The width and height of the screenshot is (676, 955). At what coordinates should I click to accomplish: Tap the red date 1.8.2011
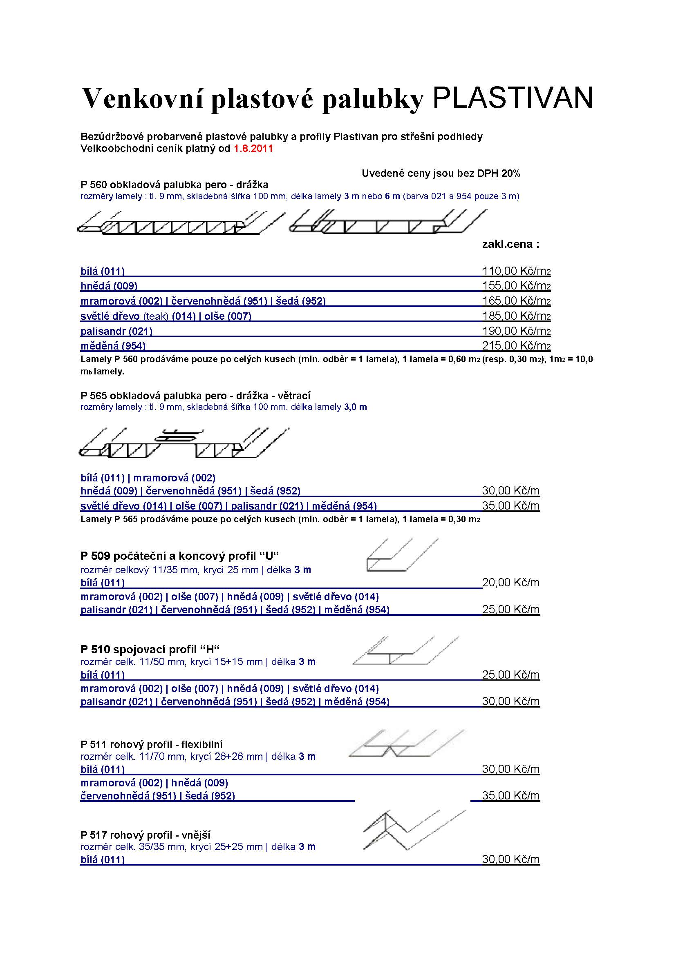[253, 149]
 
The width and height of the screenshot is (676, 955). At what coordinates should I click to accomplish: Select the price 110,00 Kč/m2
[516, 271]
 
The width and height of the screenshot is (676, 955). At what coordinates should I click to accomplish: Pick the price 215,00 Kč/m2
[516, 346]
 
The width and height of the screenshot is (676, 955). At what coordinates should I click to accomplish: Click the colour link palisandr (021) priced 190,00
[116, 331]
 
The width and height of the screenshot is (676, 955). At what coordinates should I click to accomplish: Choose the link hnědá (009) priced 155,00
[109, 286]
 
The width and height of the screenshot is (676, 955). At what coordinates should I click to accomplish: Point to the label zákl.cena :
[510, 244]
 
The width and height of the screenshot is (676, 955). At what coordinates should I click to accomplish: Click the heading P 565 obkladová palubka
[196, 396]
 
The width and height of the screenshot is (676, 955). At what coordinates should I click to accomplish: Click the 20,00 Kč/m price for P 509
[511, 583]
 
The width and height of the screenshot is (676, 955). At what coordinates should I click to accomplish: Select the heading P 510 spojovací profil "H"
[150, 649]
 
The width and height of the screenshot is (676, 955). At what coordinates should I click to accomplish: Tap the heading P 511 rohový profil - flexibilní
[152, 744]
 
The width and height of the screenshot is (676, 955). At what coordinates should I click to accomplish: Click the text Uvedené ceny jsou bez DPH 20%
[441, 174]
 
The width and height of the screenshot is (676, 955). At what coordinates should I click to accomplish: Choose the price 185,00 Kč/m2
[516, 316]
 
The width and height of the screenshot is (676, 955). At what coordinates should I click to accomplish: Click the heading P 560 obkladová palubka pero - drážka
[175, 185]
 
